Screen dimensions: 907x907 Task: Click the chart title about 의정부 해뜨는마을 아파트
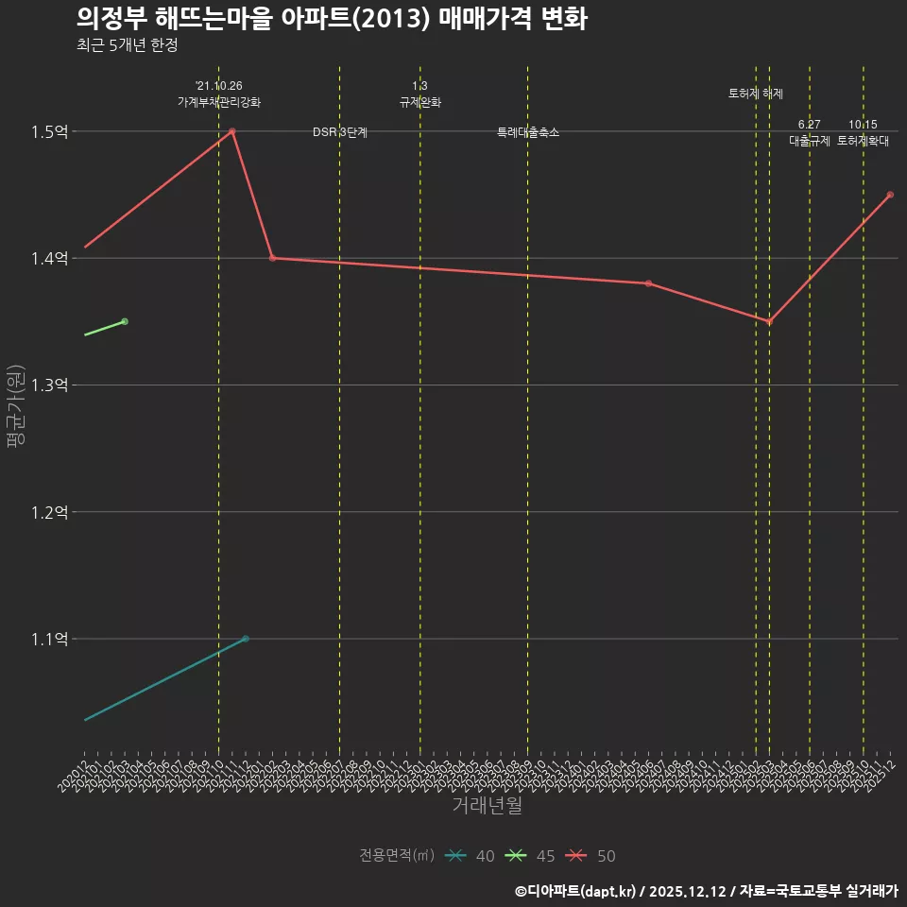332,19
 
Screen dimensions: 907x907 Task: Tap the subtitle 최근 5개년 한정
127,45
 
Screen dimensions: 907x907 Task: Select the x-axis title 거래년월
487,806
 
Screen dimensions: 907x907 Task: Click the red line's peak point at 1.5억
232,131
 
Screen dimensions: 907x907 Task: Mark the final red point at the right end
890,195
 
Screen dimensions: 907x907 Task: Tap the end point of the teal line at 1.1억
246,639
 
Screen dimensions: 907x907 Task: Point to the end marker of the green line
125,321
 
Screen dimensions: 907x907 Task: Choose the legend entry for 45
532,856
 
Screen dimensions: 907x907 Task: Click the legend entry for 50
592,856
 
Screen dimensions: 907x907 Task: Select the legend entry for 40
471,856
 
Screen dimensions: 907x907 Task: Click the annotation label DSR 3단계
340,132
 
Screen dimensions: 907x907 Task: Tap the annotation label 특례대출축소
528,132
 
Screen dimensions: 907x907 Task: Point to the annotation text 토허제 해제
756,94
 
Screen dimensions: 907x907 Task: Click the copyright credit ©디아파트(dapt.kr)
575,891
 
